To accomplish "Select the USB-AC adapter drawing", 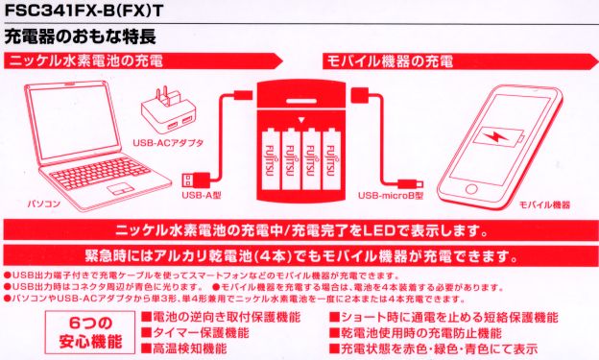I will click(x=166, y=111).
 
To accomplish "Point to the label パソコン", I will click(x=44, y=205).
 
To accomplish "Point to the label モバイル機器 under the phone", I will click(x=544, y=205).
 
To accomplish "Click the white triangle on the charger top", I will click(x=299, y=120).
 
